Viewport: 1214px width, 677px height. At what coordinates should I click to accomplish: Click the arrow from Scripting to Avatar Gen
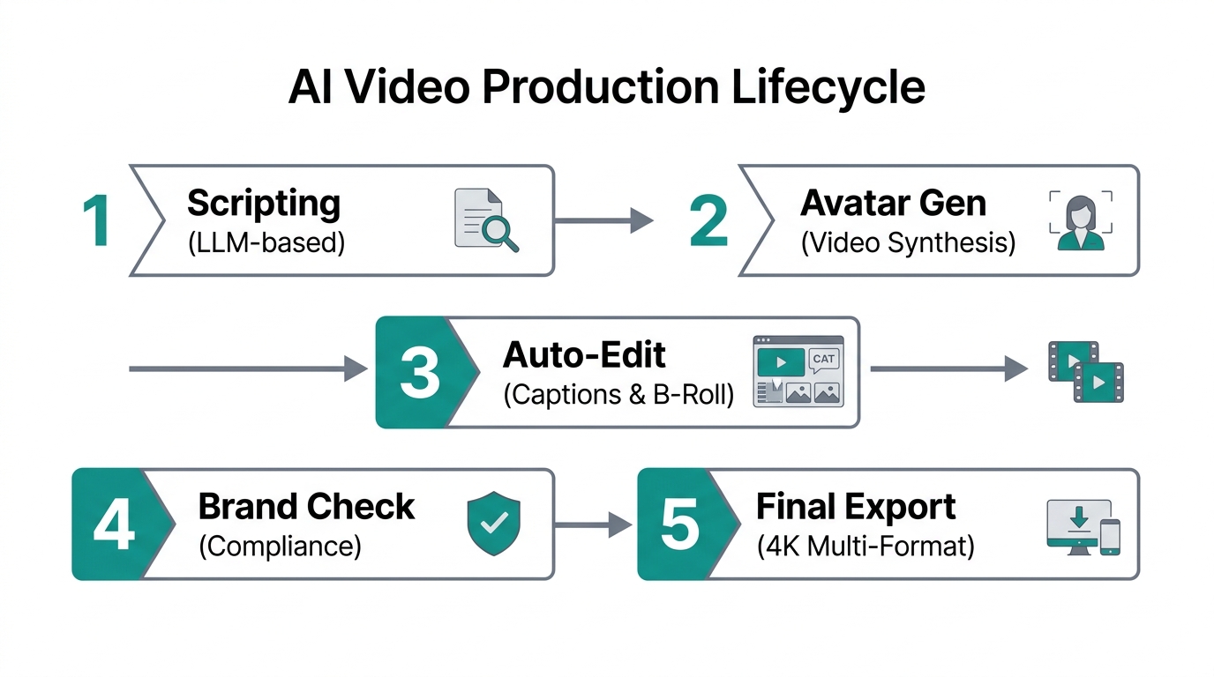(603, 220)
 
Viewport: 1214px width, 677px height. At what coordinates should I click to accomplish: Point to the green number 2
(708, 220)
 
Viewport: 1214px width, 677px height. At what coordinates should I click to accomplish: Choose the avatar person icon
(1081, 220)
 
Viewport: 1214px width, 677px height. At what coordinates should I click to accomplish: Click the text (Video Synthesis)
(908, 242)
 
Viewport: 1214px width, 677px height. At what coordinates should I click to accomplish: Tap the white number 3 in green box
(419, 373)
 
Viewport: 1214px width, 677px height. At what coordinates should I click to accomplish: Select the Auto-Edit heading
(584, 355)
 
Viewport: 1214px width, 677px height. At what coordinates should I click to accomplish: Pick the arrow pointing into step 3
(247, 369)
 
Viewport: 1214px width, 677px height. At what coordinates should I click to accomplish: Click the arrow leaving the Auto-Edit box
(949, 369)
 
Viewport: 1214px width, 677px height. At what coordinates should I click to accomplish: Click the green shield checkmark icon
(493, 524)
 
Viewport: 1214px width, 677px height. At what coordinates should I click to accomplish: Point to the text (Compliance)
(280, 547)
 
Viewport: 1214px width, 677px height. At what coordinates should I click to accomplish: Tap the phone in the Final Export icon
(1110, 537)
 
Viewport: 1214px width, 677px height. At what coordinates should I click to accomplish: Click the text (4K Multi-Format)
(865, 547)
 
